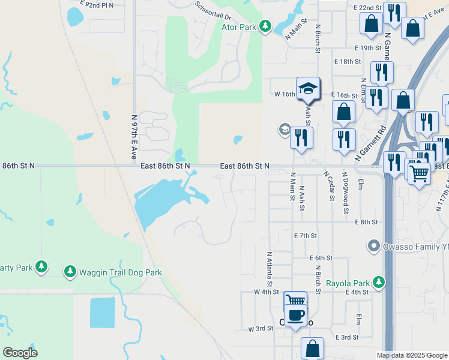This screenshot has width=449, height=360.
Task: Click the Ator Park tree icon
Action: tap(265, 26)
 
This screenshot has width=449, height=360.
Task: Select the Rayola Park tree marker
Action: tap(378, 282)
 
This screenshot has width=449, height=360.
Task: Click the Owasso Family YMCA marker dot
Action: tap(374, 246)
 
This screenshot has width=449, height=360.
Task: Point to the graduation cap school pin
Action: tap(308, 89)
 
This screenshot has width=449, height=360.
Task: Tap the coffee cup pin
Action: tap(295, 315)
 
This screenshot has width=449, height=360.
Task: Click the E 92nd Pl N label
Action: tap(97, 4)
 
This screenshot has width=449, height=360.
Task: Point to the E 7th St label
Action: tap(305, 236)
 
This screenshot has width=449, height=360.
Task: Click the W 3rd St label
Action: tap(261, 329)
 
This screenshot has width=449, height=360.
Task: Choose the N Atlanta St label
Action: tap(269, 268)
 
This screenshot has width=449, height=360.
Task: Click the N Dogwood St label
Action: tap(346, 192)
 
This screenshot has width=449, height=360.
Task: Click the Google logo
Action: tap(20, 353)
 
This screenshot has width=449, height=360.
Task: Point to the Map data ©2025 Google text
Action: tap(412, 355)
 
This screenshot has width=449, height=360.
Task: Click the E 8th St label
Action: tap(366, 222)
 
